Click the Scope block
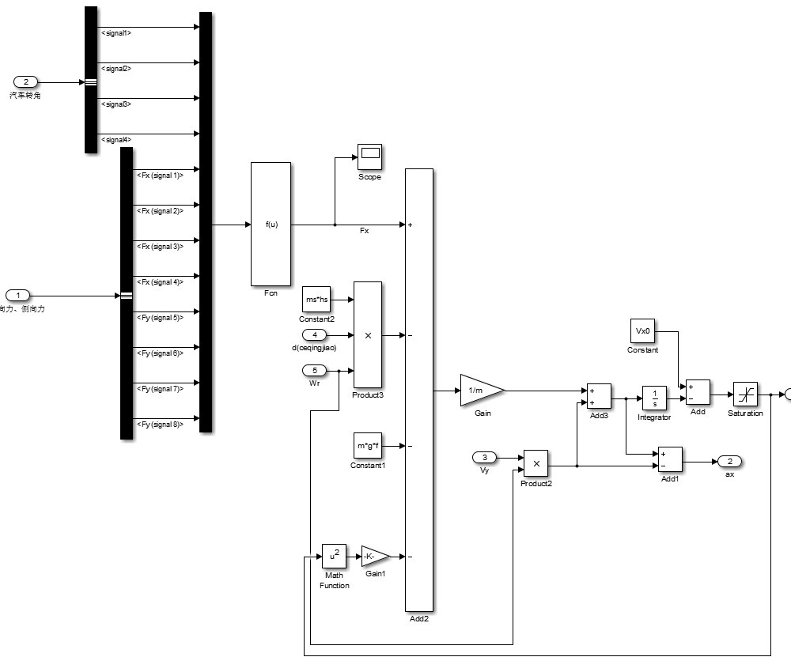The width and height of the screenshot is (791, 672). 369,157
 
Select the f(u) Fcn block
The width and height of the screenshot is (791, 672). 271,225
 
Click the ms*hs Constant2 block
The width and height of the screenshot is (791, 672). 316,300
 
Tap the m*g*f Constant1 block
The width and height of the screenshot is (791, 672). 369,445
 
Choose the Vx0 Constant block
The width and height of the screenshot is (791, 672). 642,331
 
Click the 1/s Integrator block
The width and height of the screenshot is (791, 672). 654,398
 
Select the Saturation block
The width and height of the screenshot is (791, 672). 745,394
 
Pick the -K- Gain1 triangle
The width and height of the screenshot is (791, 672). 374,556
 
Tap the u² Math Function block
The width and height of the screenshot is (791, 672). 334,556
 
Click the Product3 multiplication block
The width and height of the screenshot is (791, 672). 368,335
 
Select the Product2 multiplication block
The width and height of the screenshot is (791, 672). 536,463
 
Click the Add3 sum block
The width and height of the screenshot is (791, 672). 599,396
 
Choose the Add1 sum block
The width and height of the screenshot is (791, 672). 670,460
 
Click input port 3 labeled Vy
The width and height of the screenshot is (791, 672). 484,457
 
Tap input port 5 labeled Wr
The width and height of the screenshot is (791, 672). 314,370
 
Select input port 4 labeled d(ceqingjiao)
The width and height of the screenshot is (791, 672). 314,335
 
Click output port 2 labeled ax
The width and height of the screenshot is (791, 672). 729,462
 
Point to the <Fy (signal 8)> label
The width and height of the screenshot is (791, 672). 161,425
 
